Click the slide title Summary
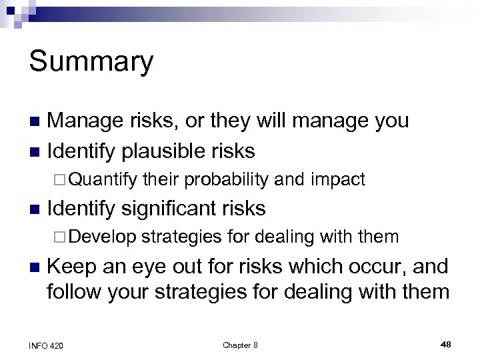point(91,62)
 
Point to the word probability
point(227,179)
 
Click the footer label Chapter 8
point(240,345)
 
